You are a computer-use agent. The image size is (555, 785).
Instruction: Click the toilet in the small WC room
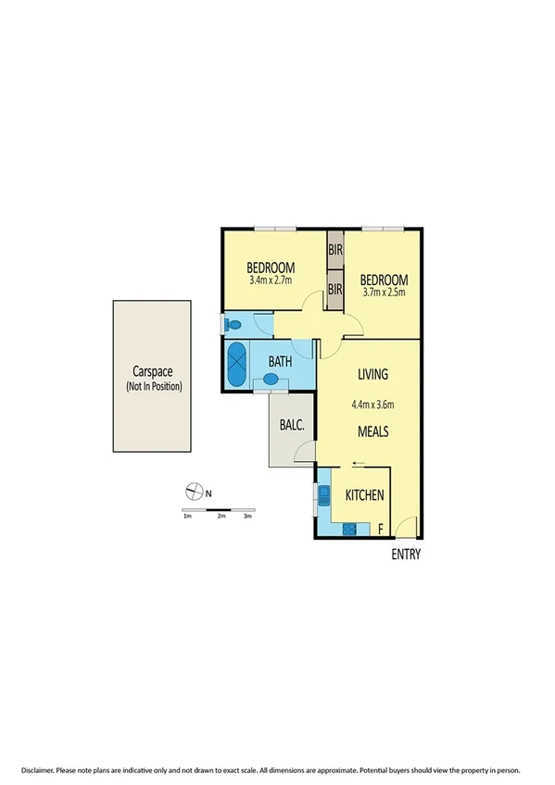233,325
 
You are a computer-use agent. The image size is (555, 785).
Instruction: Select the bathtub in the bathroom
237,365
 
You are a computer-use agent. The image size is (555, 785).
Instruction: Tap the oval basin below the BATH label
272,379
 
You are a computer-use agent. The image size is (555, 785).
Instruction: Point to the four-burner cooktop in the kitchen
350,530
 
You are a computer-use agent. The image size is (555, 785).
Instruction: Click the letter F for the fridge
381,530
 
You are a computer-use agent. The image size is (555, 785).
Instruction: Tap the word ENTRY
406,555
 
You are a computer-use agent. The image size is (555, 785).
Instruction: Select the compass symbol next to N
194,492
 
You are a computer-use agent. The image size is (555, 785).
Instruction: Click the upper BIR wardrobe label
334,249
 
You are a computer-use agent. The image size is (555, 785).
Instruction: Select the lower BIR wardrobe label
334,290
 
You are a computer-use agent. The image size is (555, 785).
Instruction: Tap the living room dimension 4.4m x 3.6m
373,404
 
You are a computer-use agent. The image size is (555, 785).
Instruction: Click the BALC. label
291,426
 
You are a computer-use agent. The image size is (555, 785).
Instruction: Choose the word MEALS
372,432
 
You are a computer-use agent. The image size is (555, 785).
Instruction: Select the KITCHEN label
364,496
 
